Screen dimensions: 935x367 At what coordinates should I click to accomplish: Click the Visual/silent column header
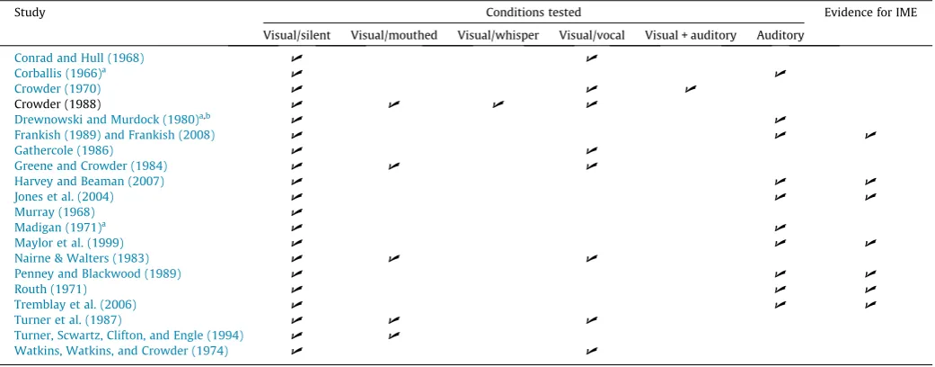[297, 35]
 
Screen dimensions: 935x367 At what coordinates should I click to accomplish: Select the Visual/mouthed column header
[393, 35]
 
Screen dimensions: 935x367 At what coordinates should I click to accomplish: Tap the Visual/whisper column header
[498, 35]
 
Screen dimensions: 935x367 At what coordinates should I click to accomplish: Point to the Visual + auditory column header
[691, 35]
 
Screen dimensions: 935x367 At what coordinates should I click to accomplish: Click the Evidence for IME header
[871, 12]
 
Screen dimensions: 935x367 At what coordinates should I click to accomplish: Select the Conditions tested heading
[534, 12]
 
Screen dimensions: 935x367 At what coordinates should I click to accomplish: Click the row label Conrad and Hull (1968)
[79, 58]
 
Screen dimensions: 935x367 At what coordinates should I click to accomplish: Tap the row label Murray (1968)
[54, 211]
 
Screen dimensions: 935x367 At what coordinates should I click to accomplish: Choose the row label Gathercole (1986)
[63, 150]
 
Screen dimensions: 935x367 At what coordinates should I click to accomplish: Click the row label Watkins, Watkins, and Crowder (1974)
[121, 351]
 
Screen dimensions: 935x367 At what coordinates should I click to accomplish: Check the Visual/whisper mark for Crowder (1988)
[498, 104]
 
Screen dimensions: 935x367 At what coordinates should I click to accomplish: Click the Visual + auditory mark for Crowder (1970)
[691, 89]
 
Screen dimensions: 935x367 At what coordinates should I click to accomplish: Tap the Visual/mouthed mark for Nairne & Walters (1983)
[393, 258]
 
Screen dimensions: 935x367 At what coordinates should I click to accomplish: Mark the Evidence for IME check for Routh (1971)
[870, 290]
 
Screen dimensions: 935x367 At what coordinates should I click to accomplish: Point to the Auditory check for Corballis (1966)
[780, 74]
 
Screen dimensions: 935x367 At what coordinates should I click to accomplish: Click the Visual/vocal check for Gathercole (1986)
[592, 150]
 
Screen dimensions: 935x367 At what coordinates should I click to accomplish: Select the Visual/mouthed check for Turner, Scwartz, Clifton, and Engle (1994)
[393, 336]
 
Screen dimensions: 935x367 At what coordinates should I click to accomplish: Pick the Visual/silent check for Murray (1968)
[296, 212]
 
